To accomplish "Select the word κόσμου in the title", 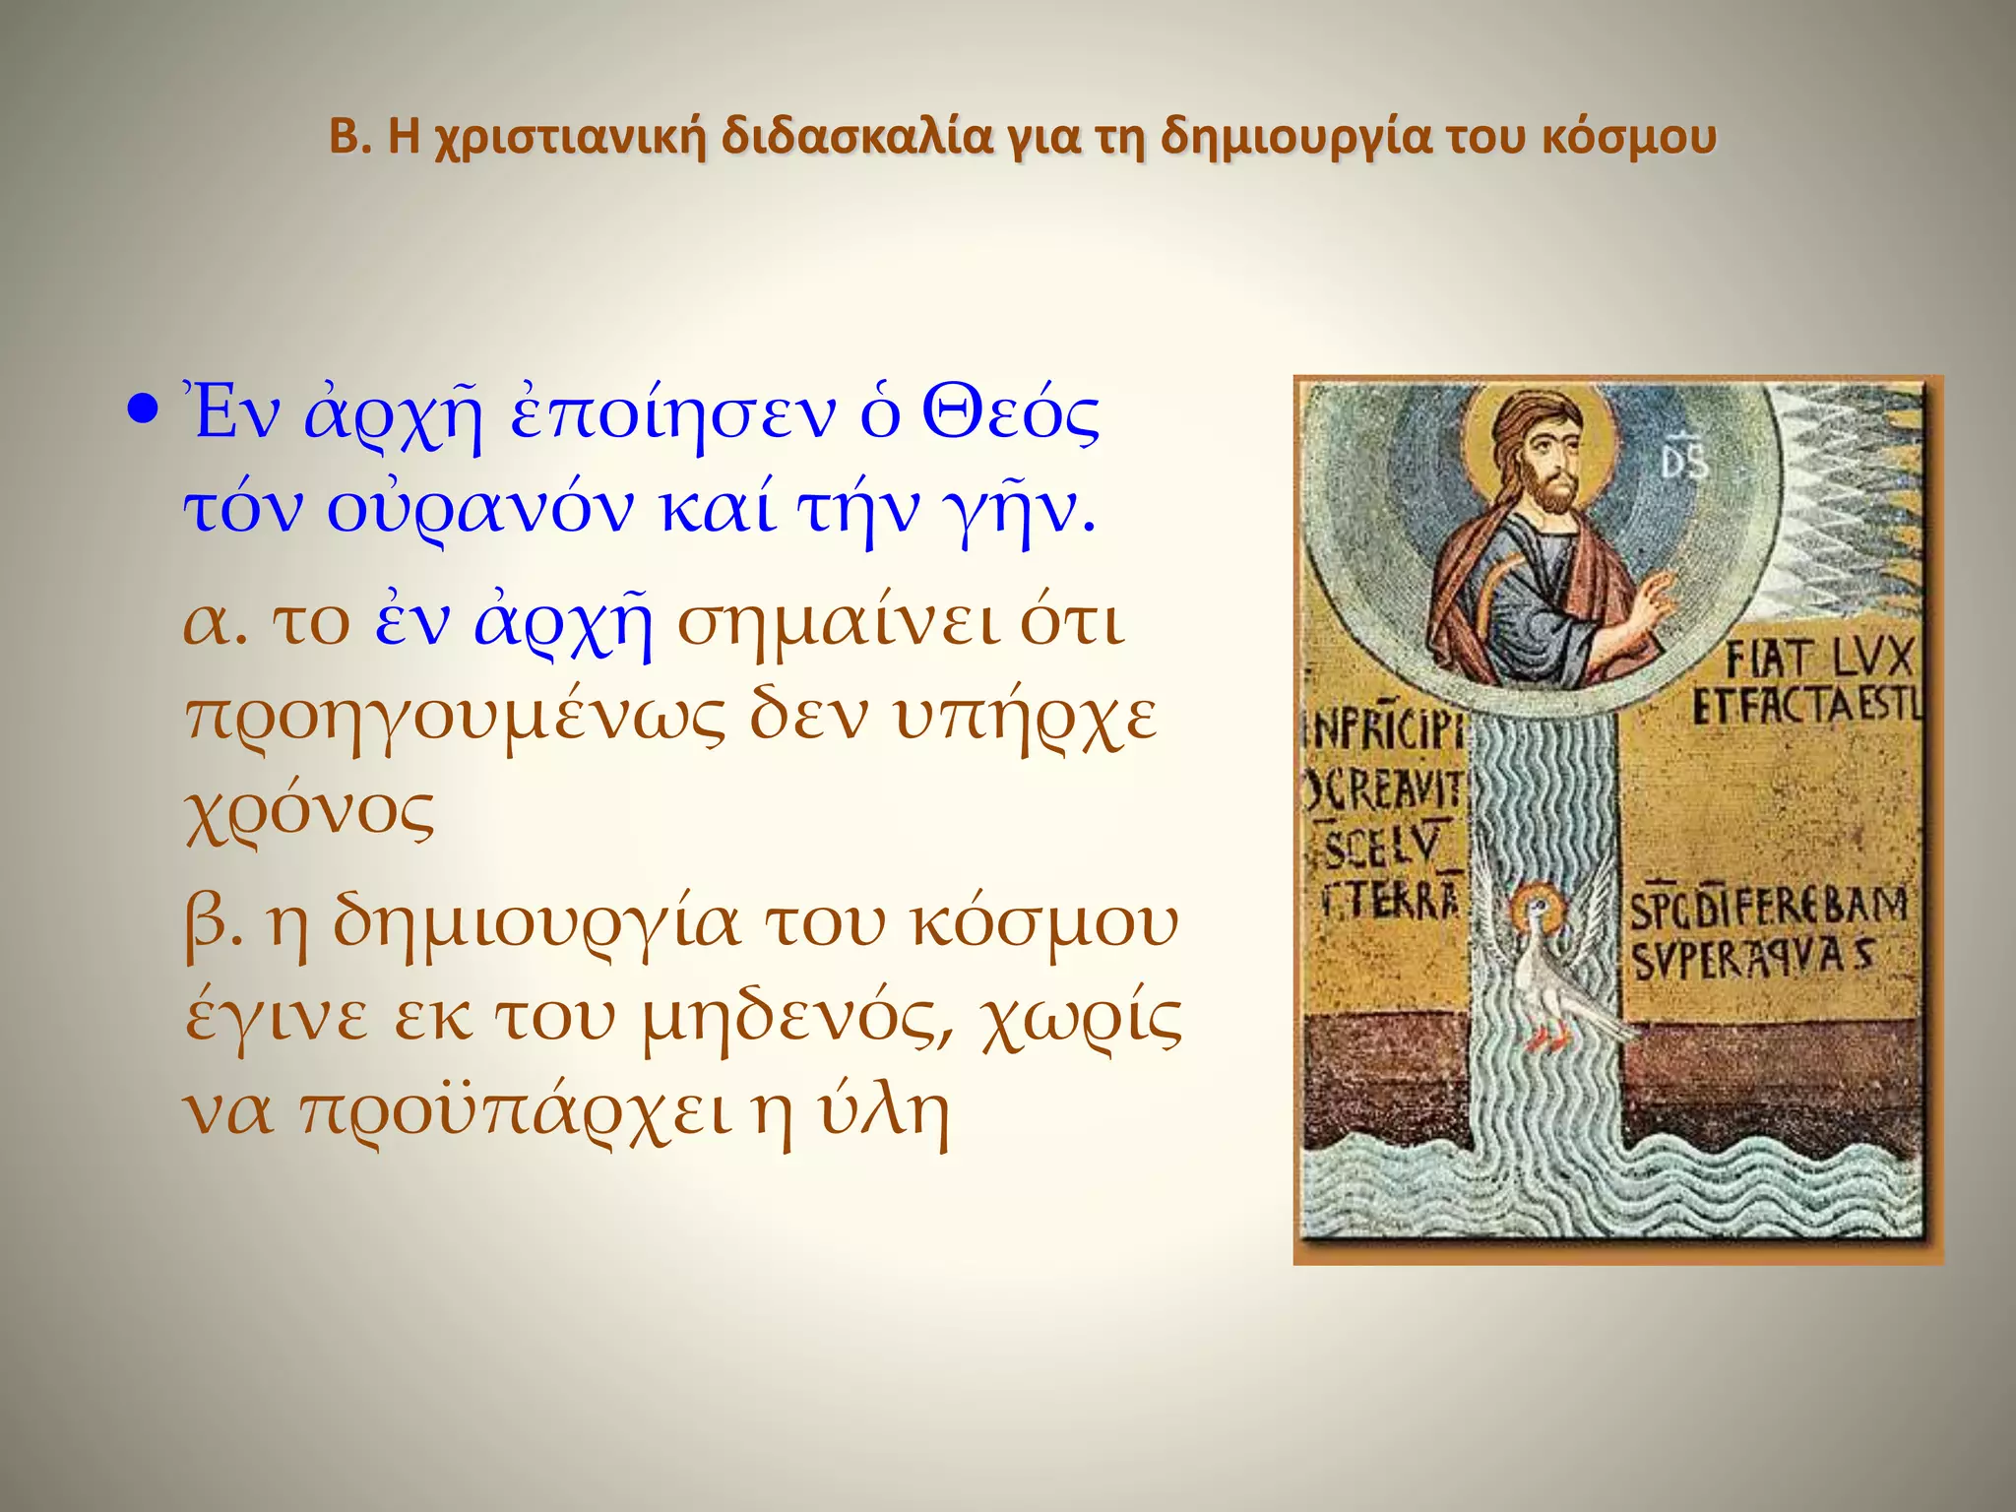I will pos(1628,137).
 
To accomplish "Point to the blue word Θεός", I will pos(1010,413).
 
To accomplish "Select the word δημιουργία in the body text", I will pos(535,921).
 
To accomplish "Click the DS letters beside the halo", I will pos(1684,460).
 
